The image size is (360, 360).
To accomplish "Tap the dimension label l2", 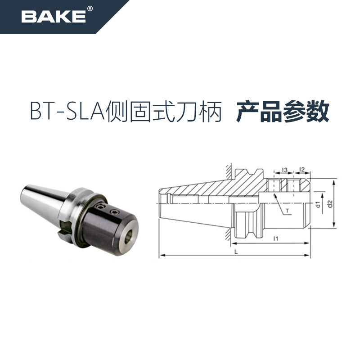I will [302, 170].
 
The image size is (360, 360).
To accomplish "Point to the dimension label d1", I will [318, 205].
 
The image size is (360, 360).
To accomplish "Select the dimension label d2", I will [330, 204].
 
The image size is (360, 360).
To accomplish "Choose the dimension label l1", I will [274, 238].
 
